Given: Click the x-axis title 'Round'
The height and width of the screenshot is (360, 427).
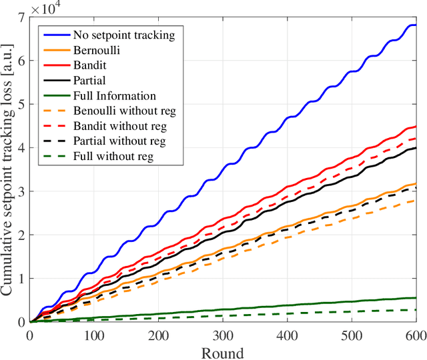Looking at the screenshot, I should tap(223, 351).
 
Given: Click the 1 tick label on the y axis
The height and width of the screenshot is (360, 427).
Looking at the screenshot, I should tap(21, 279).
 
